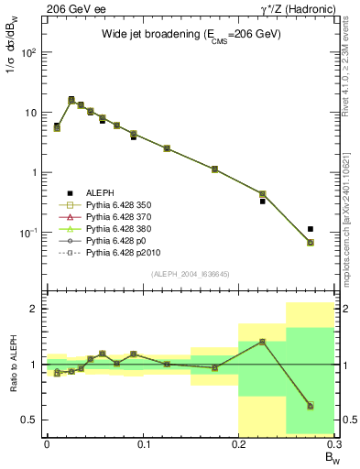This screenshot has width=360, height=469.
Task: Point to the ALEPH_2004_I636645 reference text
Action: click(191, 274)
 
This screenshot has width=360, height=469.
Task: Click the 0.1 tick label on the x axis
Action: click(143, 444)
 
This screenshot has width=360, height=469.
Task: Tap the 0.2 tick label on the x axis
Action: click(239, 444)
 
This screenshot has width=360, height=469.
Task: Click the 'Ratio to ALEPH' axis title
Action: click(12, 364)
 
